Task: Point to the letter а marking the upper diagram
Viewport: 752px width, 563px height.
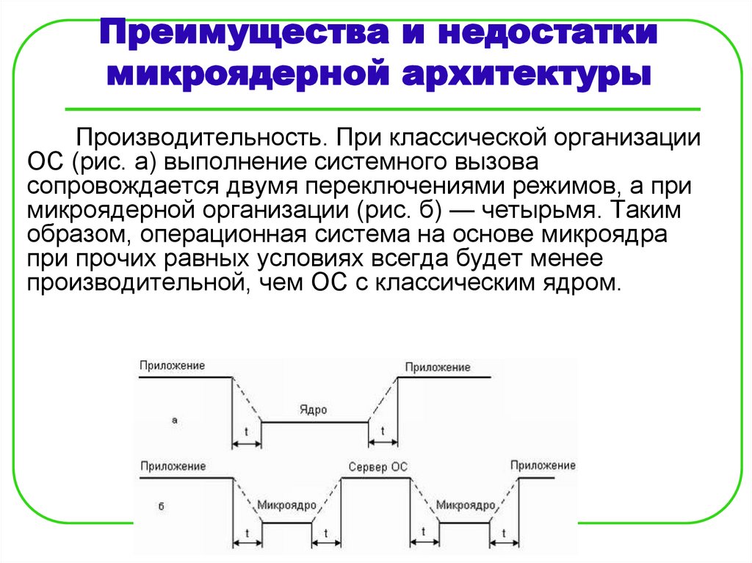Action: pyautogui.click(x=174, y=421)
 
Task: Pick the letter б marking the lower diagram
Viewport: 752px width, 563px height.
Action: pyautogui.click(x=161, y=506)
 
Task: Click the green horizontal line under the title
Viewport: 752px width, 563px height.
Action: pyautogui.click(x=382, y=109)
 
